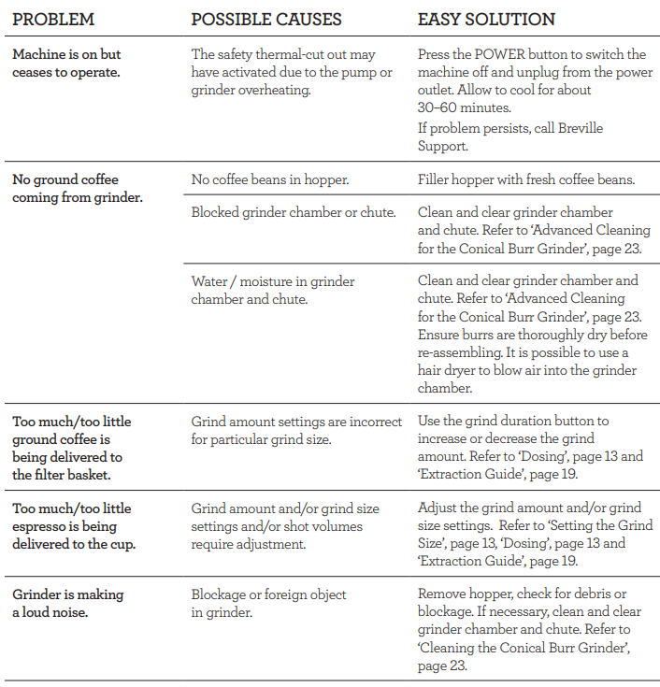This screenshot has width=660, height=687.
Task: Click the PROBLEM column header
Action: (x=53, y=20)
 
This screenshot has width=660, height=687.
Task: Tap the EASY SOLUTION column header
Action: (x=486, y=20)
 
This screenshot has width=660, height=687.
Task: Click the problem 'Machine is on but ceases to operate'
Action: (x=66, y=63)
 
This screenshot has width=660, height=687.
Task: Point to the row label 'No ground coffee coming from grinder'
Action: (x=77, y=188)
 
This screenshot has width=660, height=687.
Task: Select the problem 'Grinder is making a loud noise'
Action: (x=67, y=603)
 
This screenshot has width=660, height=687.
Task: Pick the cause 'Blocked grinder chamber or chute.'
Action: (x=293, y=212)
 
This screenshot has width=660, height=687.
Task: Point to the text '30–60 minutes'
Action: (x=464, y=107)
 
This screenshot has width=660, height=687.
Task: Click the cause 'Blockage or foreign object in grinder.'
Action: (x=269, y=603)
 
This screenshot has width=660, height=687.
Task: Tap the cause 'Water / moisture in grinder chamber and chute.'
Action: (x=273, y=290)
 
